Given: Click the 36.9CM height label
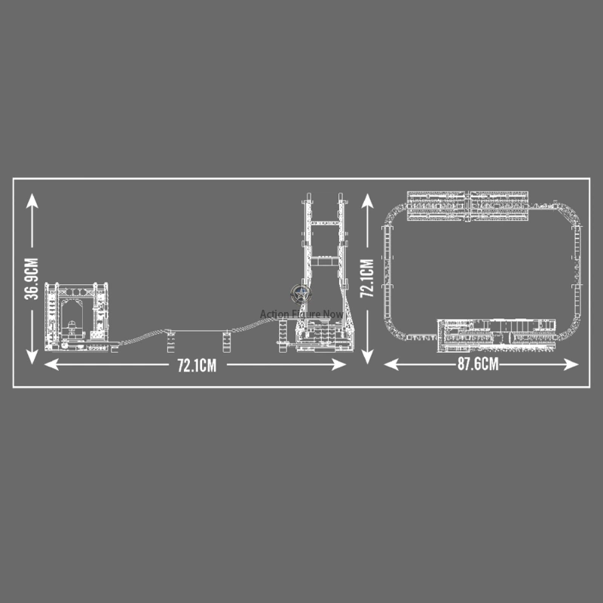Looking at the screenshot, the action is pos(32,279).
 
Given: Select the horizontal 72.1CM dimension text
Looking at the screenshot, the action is pos(197,366).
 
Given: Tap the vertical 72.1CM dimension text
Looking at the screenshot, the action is pos(367,278).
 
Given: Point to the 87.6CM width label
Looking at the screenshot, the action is pos(478,364).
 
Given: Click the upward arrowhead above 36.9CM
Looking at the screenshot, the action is pos(32,200).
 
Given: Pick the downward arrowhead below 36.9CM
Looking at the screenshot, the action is pos(32,357).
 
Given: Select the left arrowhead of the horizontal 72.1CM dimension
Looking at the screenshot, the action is pos(51,365).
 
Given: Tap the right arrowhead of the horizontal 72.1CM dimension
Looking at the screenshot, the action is pos(338,365).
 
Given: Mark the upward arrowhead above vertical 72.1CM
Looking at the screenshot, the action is pos(367,200).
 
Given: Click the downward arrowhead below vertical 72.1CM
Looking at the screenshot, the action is pos(367,357).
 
